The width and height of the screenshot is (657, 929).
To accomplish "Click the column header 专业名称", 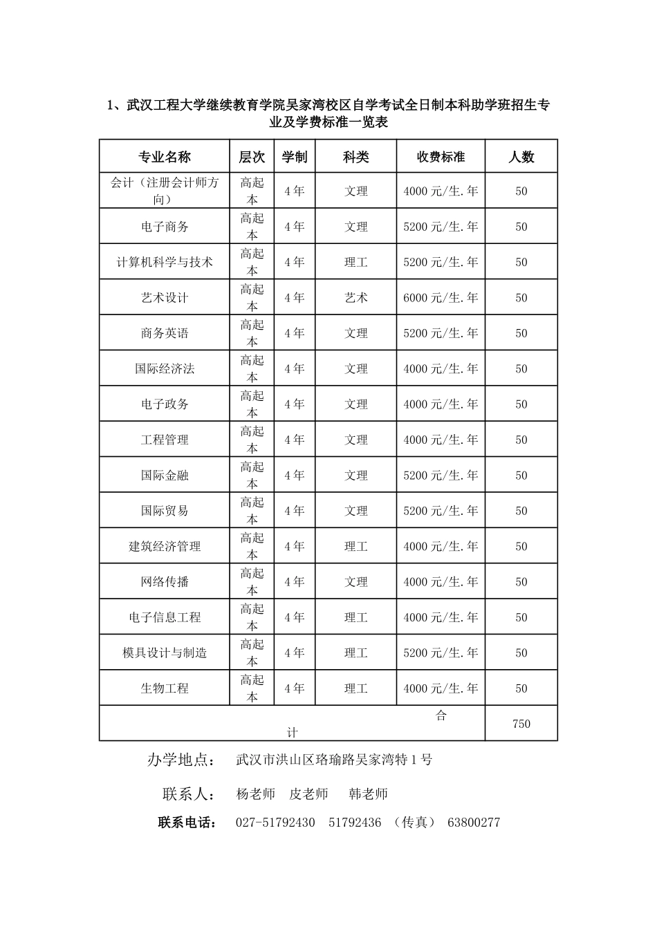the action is tap(165, 157).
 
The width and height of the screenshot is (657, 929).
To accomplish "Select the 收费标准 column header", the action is tap(441, 157).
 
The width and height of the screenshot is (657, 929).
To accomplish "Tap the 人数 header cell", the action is tap(521, 157).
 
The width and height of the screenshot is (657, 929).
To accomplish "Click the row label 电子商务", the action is tap(165, 227).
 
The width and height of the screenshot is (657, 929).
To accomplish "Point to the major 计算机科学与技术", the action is tap(165, 263).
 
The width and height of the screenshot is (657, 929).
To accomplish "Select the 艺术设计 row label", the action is tap(165, 298).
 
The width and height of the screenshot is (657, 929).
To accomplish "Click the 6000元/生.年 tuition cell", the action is tap(441, 298).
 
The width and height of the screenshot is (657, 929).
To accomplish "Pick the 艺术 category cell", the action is tap(356, 298).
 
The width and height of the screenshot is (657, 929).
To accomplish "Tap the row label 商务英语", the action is tap(165, 333).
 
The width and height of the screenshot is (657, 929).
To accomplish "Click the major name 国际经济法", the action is tap(165, 369).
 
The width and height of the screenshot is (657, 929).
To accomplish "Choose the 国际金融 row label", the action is tap(165, 476).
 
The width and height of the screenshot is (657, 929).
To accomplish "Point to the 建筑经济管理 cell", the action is tap(165, 547).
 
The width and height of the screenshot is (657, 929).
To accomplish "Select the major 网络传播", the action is tap(165, 582).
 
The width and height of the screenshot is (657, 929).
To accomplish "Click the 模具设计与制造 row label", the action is tap(165, 653).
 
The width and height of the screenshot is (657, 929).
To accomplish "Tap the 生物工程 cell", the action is tap(165, 688).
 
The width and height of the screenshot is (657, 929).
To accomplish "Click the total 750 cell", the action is tap(521, 724).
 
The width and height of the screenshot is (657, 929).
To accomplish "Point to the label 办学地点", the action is tap(179, 760).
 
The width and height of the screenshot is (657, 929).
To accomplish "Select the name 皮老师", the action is tap(308, 794).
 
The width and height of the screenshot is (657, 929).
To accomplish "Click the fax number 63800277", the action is tap(474, 823).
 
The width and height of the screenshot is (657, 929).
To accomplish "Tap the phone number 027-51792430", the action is tap(275, 823).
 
